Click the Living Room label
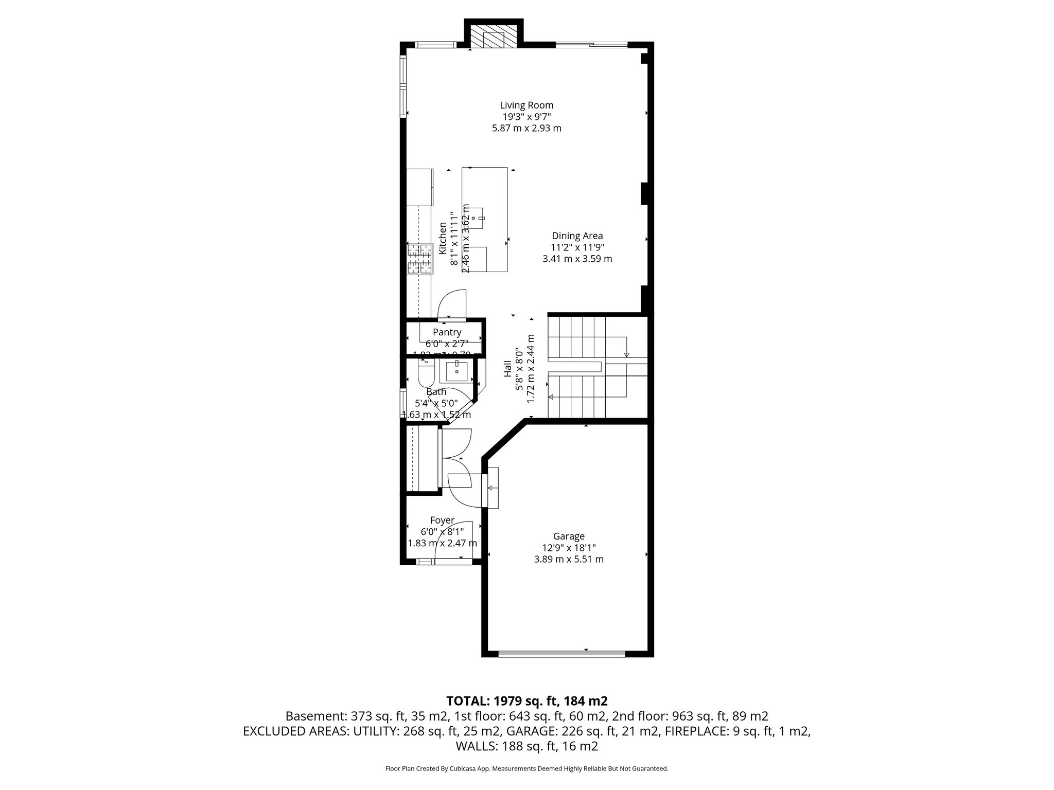coord(526,105)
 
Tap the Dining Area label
coord(577,236)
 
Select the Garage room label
coord(569,536)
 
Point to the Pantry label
coord(447,332)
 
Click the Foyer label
coord(442,520)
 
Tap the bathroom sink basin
coord(456,370)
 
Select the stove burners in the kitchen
coord(419,259)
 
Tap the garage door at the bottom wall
coord(562,654)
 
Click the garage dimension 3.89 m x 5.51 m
coord(569,559)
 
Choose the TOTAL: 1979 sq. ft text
coord(526,701)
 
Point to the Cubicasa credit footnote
coord(526,769)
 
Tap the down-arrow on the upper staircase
coord(626,354)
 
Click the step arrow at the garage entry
coord(492,488)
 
